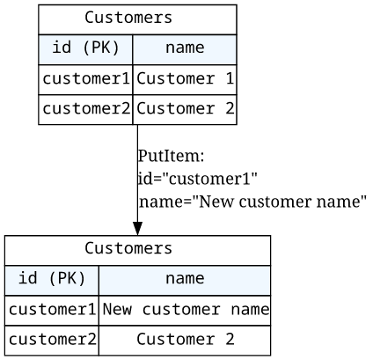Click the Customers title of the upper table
[x=128, y=18]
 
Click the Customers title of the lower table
[x=128, y=248]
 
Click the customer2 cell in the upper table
[x=86, y=108]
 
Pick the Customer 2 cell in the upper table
[x=185, y=108]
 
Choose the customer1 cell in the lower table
[x=52, y=310]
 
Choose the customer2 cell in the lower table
[x=52, y=340]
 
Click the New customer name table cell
[x=186, y=310]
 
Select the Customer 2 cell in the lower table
[x=186, y=340]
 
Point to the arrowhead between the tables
[x=137, y=229]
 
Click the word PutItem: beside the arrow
[x=171, y=156]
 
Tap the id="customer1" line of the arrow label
[x=198, y=179]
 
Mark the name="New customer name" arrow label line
[x=252, y=202]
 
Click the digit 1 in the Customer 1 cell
[x=230, y=78]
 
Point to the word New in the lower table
[x=117, y=310]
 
